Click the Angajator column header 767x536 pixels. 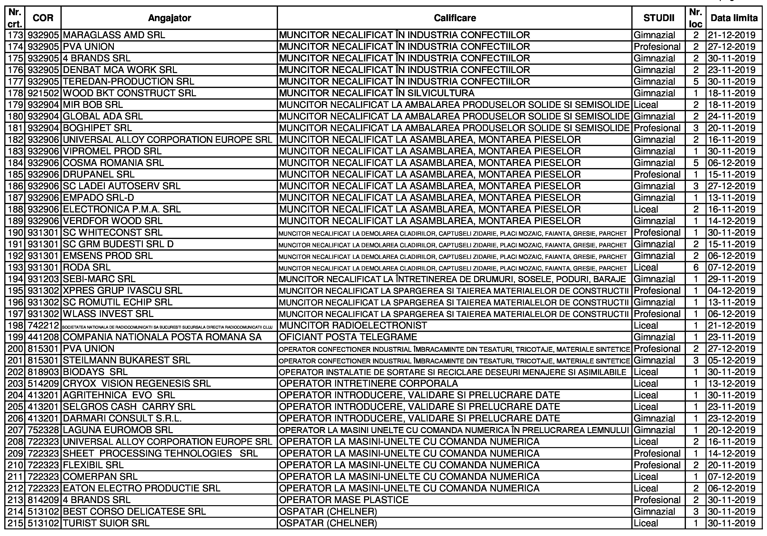pyautogui.click(x=169, y=18)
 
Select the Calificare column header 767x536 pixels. pyautogui.click(x=454, y=18)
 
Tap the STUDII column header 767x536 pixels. pyautogui.click(x=658, y=18)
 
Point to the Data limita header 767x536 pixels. pyautogui.click(x=734, y=18)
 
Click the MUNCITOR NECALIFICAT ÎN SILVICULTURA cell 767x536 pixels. pyautogui.click(x=376, y=93)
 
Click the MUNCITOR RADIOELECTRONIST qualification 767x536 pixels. pyautogui.click(x=353, y=326)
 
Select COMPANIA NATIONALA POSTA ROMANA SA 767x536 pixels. pyautogui.click(x=162, y=337)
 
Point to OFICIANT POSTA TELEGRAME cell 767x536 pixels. pyautogui.click(x=348, y=337)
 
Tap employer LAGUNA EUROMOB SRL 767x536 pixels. pyautogui.click(x=118, y=430)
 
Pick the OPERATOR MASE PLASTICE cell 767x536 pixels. pyautogui.click(x=343, y=500)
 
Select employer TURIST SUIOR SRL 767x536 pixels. pyautogui.click(x=106, y=523)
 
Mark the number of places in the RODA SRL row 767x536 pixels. pyautogui.click(x=696, y=267)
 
